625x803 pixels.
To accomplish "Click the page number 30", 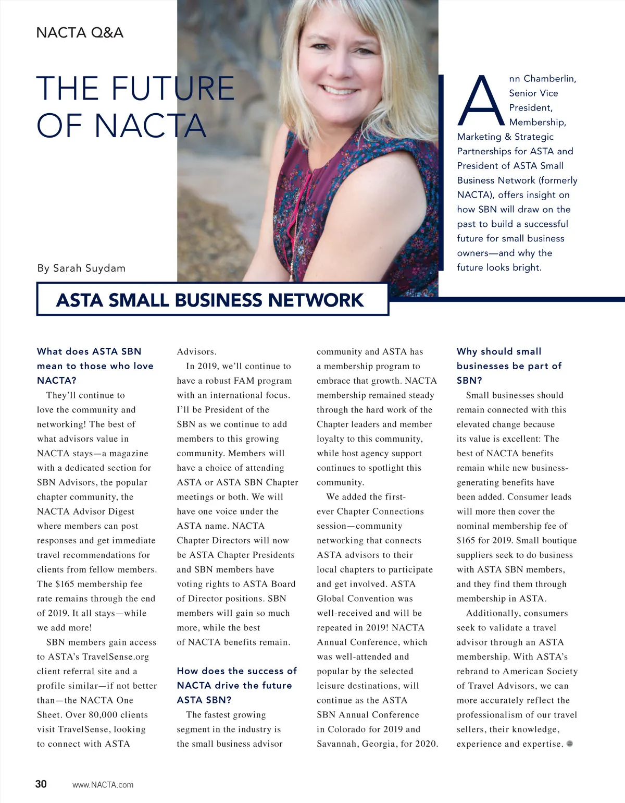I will tap(41, 784).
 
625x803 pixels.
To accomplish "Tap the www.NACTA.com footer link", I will tap(103, 785).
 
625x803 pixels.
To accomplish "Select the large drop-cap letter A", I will tap(481, 101).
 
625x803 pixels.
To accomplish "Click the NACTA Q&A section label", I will tap(80, 33).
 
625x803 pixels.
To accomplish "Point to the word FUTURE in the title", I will tap(172, 88).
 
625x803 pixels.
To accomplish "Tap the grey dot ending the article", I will tap(569, 744).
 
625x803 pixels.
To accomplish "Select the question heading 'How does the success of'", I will tap(236, 671).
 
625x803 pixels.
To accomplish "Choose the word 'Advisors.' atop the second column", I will tap(196, 351).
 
